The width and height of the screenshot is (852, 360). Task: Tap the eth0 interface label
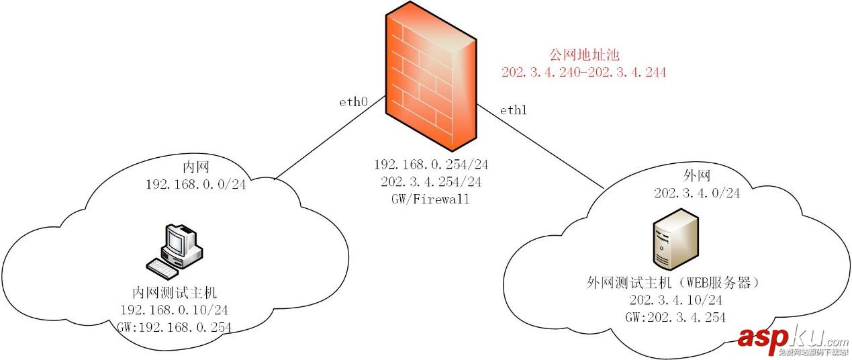pos(353,103)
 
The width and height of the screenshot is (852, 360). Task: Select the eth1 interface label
pos(513,110)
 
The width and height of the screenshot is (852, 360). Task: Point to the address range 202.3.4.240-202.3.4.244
pos(583,73)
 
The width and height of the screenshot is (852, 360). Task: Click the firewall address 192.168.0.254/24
pos(422,165)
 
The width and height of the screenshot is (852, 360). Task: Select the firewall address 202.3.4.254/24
pos(422,181)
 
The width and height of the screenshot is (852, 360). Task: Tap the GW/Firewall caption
pos(422,199)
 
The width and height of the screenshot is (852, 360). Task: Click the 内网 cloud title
pos(195,166)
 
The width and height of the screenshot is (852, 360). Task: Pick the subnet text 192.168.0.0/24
pos(195,183)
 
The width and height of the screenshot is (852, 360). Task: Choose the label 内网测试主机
pos(175,293)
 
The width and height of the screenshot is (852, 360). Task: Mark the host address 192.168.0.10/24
pos(175,310)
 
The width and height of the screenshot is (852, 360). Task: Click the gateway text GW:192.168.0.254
pos(175,328)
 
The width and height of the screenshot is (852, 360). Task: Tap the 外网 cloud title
pos(696,175)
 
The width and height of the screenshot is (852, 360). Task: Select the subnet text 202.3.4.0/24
pos(696,193)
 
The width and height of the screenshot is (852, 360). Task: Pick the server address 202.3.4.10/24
pos(676,300)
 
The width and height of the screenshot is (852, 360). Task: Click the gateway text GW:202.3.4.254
pos(676,317)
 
